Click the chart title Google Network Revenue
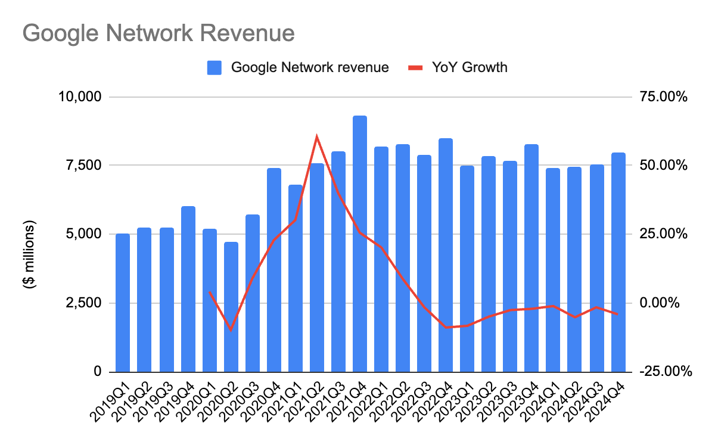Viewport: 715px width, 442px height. tap(158, 33)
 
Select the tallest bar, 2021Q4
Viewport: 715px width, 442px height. tap(360, 244)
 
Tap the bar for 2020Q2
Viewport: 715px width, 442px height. tap(231, 307)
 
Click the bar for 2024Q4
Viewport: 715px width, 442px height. tap(618, 262)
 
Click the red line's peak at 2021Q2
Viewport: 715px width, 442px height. tap(317, 136)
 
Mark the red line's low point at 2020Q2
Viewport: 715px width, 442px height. tap(231, 330)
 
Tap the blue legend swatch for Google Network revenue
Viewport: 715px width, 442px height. tap(214, 67)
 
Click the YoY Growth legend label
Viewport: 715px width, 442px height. tap(470, 67)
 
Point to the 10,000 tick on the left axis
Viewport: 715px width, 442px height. tap(80, 97)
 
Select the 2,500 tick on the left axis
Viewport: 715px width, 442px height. tap(83, 303)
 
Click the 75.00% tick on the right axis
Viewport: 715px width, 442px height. tap(664, 97)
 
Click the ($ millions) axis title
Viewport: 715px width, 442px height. tap(30, 255)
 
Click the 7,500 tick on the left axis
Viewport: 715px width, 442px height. tap(83, 165)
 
